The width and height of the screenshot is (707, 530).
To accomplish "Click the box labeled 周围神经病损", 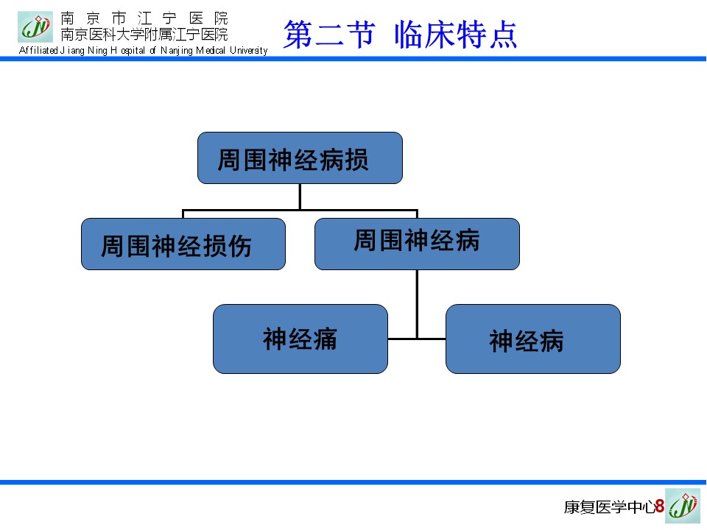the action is [300, 158].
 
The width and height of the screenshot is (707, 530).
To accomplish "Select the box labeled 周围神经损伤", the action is [183, 244].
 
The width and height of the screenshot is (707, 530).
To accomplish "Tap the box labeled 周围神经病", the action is [417, 244].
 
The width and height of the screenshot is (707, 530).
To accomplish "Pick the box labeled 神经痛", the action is [300, 339].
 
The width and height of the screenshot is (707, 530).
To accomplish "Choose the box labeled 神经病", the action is [533, 339].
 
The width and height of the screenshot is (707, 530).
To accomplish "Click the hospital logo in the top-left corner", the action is [35, 27].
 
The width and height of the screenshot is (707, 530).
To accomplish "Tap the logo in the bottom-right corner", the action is [683, 506].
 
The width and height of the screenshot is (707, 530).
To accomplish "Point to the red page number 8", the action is [660, 506].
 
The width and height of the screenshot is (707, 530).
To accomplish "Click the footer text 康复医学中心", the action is [609, 507].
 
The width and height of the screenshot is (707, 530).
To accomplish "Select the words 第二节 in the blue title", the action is [328, 35].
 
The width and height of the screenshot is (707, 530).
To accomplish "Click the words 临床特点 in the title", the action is [455, 35].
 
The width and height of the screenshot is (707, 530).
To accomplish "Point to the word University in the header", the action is [248, 51].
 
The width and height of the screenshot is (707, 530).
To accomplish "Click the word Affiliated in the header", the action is [38, 50].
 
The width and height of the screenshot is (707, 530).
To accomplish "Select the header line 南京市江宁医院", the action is [144, 18].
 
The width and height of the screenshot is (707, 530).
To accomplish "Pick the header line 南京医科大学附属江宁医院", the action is [144, 35].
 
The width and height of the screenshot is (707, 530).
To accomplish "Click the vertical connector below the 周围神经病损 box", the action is [300, 197].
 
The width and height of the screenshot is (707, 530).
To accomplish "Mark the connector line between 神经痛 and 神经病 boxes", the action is [417, 339].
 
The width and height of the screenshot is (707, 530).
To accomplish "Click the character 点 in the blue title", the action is [503, 35].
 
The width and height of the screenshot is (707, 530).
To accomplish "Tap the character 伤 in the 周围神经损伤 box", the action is [240, 247].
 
